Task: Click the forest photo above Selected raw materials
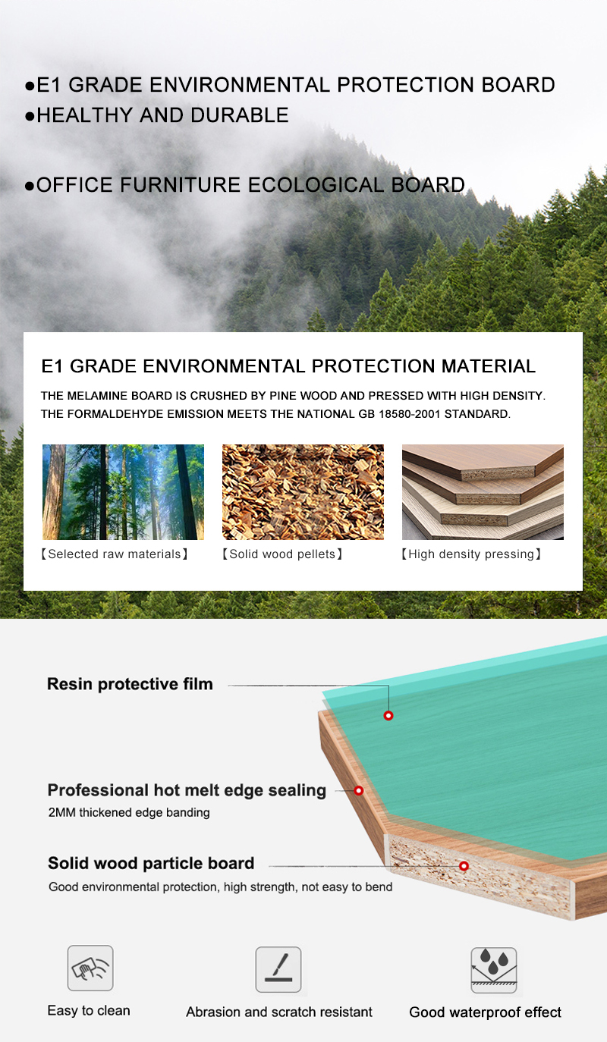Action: (x=124, y=491)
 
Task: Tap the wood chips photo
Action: (x=303, y=491)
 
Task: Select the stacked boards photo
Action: (x=483, y=491)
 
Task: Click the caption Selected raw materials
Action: (x=115, y=554)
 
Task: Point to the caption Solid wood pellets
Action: (x=282, y=554)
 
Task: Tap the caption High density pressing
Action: (x=471, y=554)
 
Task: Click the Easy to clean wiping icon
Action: (x=90, y=968)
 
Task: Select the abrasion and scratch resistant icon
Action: (x=278, y=969)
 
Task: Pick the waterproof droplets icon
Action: (x=494, y=970)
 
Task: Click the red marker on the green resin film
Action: (x=388, y=715)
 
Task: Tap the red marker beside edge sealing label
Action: (x=358, y=790)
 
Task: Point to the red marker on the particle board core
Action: (x=464, y=866)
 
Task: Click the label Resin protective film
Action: (x=130, y=684)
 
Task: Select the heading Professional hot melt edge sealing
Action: (x=187, y=790)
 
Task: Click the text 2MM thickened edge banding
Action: (x=129, y=812)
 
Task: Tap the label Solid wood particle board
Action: (x=151, y=863)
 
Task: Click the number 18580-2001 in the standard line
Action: (x=410, y=414)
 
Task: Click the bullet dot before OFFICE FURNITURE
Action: (x=30, y=186)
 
